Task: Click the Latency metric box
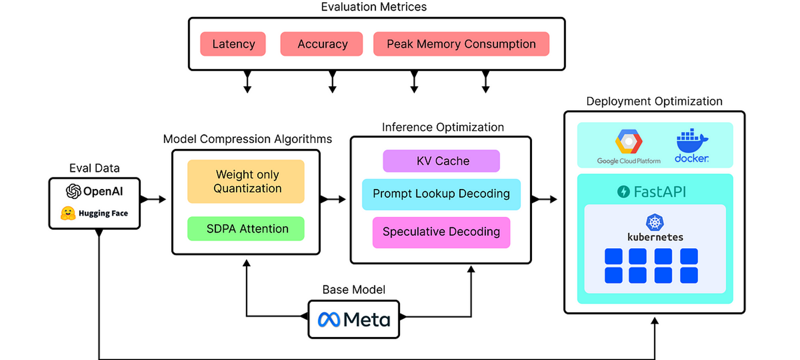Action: coord(233,44)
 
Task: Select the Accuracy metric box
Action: coord(322,44)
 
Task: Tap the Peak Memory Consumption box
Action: coord(461,44)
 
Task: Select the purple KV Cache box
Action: coord(441,161)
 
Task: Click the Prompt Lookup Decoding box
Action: coord(441,194)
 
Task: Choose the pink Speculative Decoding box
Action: coord(441,232)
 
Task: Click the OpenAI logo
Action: coord(73,191)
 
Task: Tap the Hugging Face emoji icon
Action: coord(68,213)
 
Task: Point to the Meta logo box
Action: coord(354,318)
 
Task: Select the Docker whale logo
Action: coord(692,142)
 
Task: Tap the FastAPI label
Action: coord(652,191)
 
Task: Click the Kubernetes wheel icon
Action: coord(655,222)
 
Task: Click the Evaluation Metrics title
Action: coord(374,7)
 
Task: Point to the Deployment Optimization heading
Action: coord(654,101)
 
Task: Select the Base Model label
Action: coord(353,289)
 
